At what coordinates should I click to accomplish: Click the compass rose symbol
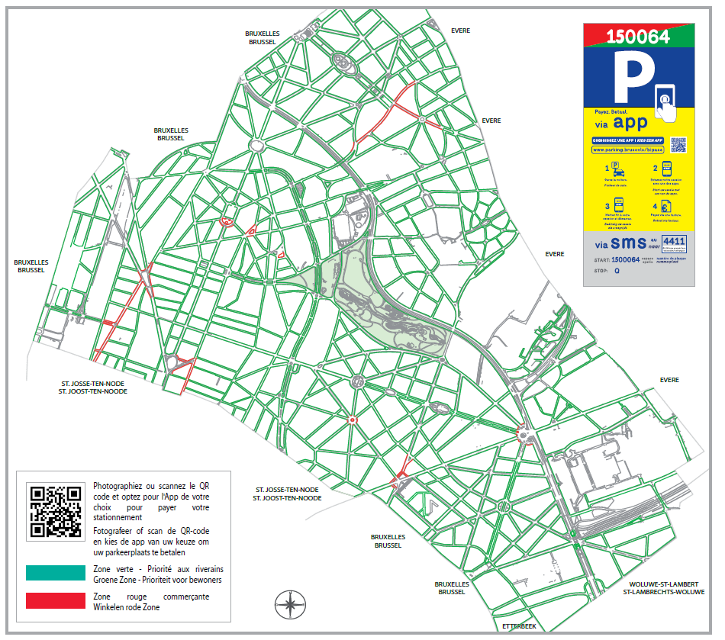click(x=290, y=604)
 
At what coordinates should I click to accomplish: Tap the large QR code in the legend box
click(x=55, y=511)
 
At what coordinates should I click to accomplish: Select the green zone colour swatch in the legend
click(x=55, y=573)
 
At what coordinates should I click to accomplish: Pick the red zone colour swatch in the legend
click(x=55, y=600)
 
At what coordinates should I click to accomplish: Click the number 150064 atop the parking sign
click(x=637, y=36)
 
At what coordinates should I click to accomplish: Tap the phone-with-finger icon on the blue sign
click(x=666, y=101)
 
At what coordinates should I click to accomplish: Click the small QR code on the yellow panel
click(x=678, y=145)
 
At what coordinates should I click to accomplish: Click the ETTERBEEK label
click(x=519, y=626)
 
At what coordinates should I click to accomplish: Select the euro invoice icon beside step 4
click(x=666, y=206)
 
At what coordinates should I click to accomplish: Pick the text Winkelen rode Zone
click(x=126, y=607)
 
